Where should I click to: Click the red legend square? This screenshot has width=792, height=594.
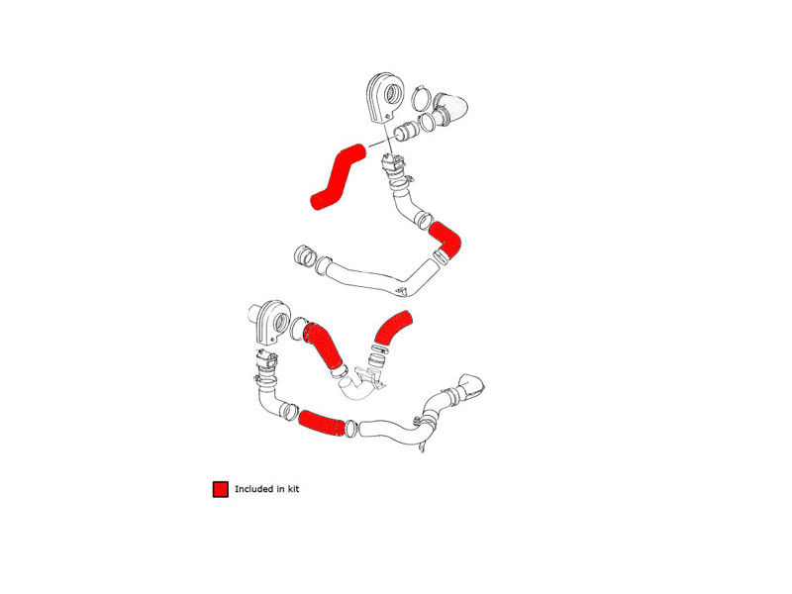(x=220, y=489)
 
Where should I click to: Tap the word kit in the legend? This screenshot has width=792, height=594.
(x=293, y=489)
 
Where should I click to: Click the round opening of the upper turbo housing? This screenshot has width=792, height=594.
(x=393, y=94)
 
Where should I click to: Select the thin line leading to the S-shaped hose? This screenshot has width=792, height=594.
(x=379, y=143)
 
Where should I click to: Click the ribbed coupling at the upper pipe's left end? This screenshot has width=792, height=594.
(x=305, y=256)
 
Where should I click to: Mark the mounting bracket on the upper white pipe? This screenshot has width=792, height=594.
(x=402, y=291)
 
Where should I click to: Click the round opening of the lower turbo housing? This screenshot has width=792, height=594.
(x=282, y=323)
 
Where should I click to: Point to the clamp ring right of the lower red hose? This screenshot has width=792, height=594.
(x=351, y=428)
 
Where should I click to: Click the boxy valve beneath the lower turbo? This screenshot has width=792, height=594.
(x=267, y=360)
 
